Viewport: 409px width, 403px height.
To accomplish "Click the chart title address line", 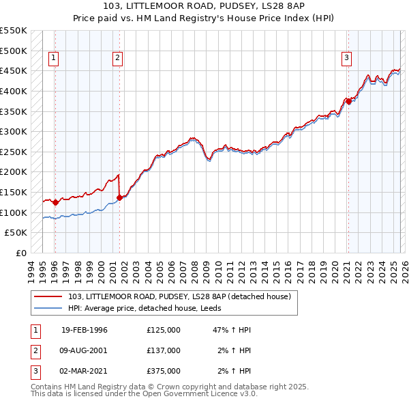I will (x=204, y=6).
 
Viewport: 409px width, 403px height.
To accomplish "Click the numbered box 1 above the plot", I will (x=53, y=59).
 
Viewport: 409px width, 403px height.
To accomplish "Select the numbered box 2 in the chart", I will (x=117, y=59).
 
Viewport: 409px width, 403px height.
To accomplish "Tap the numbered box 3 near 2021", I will (x=346, y=59).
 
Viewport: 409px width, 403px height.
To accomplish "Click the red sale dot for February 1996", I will (x=55, y=202).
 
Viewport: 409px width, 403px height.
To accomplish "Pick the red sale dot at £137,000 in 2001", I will (x=120, y=197).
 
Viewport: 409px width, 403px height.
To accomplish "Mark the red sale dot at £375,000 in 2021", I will (x=348, y=101).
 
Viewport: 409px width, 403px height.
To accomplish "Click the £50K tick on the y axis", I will (x=16, y=233).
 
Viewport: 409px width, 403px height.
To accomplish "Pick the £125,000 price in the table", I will (x=164, y=330).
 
